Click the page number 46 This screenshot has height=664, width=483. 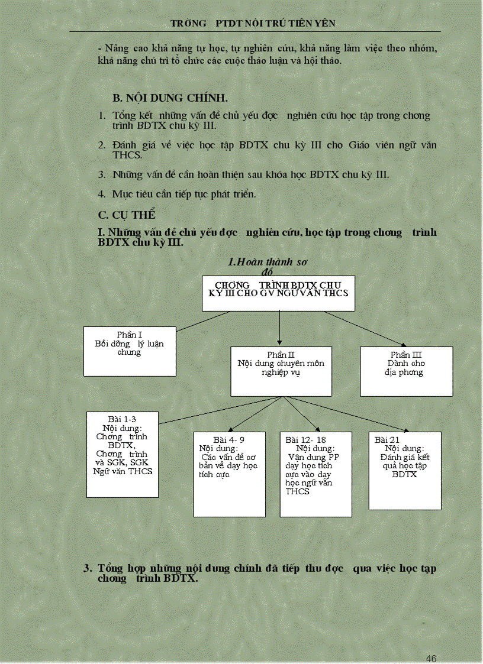click(x=431, y=659)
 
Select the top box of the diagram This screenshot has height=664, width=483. click(x=278, y=293)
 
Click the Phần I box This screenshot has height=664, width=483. click(x=130, y=351)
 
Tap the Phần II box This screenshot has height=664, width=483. click(x=281, y=371)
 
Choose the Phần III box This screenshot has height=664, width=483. click(x=406, y=371)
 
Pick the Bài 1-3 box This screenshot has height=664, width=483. click(x=123, y=454)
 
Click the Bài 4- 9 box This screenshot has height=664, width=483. click(x=229, y=474)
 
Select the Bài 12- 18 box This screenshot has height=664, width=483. click(x=315, y=474)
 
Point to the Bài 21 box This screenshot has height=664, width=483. click(x=405, y=470)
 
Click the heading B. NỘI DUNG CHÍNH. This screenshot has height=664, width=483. click(x=170, y=98)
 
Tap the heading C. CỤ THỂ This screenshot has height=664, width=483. click(x=127, y=215)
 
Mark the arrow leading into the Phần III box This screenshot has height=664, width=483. click(x=367, y=329)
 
